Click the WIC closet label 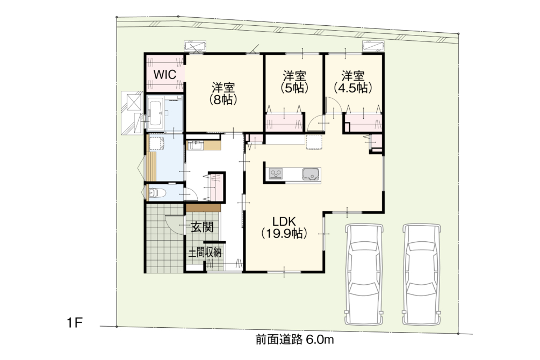[164, 74]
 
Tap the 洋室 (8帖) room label [223, 93]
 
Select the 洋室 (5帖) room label [294, 82]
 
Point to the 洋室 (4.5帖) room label [353, 82]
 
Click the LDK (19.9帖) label [284, 227]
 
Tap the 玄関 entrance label [202, 227]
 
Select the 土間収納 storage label [204, 253]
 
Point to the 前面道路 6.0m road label [294, 340]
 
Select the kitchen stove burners [276, 174]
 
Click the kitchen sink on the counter [311, 174]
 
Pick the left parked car [364, 274]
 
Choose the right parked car [422, 274]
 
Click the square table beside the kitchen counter [314, 142]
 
